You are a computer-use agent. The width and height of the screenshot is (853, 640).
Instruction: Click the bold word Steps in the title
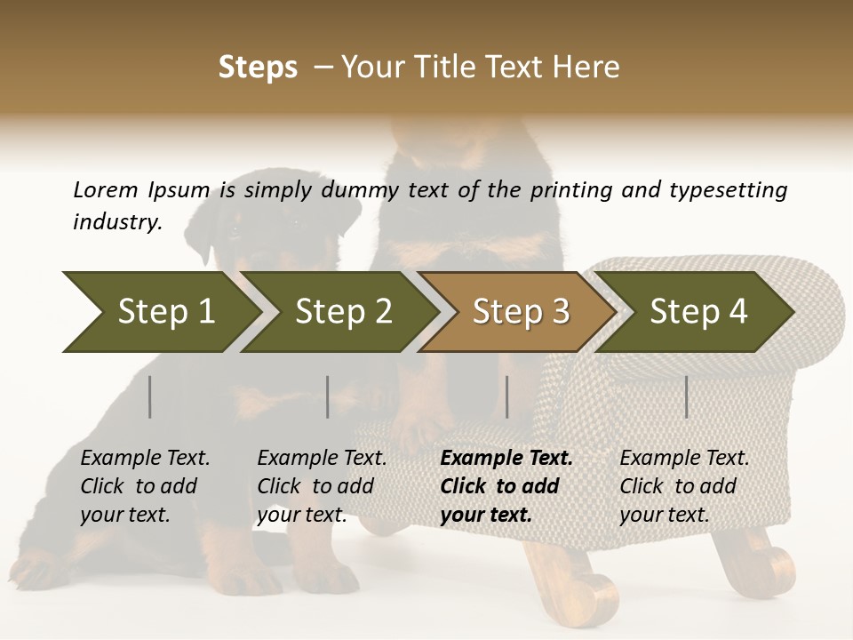pyautogui.click(x=258, y=68)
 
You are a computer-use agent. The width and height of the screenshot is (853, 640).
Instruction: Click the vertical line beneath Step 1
pyautogui.click(x=150, y=396)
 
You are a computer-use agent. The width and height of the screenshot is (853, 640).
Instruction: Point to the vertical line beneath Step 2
pyautogui.click(x=328, y=396)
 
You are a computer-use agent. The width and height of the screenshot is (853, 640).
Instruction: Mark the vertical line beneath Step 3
pyautogui.click(x=507, y=396)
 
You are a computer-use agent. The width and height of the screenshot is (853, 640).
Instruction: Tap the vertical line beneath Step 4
pyautogui.click(x=686, y=396)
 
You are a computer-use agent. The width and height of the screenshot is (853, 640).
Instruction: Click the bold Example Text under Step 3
pyautogui.click(x=506, y=486)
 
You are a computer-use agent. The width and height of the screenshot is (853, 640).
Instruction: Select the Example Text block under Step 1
pyautogui.click(x=145, y=486)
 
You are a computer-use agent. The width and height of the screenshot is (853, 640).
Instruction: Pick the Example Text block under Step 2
pyautogui.click(x=322, y=486)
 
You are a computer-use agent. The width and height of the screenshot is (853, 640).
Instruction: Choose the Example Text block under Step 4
pyautogui.click(x=684, y=486)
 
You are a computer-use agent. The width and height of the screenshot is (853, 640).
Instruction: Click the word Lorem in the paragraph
pyautogui.click(x=105, y=189)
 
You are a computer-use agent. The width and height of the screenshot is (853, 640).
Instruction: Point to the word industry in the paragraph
pyautogui.click(x=117, y=221)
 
